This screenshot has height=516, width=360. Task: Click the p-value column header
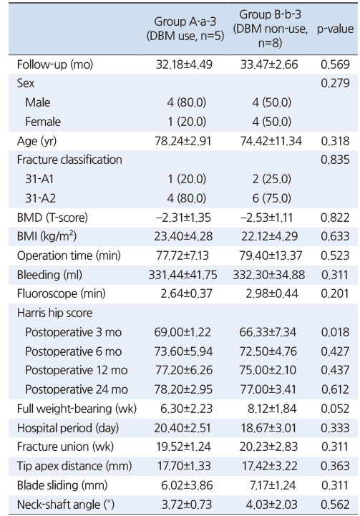coord(336,29)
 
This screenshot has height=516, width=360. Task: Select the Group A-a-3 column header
coord(185,29)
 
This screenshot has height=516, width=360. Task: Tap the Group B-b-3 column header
coord(270,29)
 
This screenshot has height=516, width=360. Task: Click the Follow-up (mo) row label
coord(55,64)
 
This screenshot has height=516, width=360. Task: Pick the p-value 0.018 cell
coord(336,332)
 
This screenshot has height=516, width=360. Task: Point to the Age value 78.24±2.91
coord(183,141)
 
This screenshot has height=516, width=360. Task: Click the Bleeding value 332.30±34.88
coord(269,275)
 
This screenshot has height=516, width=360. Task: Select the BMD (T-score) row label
coord(52,218)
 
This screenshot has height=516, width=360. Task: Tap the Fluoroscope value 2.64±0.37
coord(186,293)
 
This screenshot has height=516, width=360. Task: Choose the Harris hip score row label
coord(54,313)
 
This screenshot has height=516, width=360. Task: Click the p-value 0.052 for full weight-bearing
coord(336,409)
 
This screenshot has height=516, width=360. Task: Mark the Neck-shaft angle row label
coord(66,505)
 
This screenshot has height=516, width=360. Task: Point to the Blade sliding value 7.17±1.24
coord(272,485)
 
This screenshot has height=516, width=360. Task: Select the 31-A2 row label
coord(41,198)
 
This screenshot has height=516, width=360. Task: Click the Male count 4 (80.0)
coord(187,102)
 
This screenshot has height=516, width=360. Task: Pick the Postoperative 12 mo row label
coord(77,370)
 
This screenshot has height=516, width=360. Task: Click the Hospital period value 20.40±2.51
coord(183,428)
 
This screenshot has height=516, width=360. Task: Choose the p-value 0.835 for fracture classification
coord(336,160)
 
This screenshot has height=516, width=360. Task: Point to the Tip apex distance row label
coord(74,467)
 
